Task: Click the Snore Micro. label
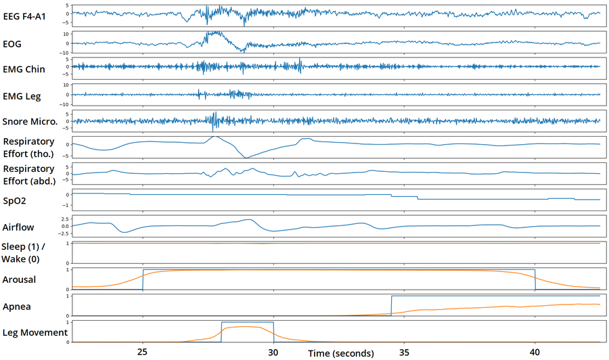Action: pyautogui.click(x=32, y=122)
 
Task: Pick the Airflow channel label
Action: pyautogui.click(x=19, y=228)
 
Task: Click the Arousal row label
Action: pyautogui.click(x=20, y=279)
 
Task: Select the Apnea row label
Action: pyautogui.click(x=17, y=307)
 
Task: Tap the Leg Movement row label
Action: pyautogui.click(x=35, y=332)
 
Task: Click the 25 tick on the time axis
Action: pyautogui.click(x=143, y=352)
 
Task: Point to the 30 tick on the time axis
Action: pyautogui.click(x=273, y=352)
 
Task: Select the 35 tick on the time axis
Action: pyautogui.click(x=404, y=352)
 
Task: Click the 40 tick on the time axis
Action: pyautogui.click(x=535, y=352)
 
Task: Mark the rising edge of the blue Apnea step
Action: pyautogui.click(x=391, y=305)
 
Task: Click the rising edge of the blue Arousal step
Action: pyautogui.click(x=143, y=279)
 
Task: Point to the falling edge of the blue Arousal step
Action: pyautogui.click(x=535, y=279)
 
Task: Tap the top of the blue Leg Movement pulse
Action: pyautogui.click(x=247, y=322)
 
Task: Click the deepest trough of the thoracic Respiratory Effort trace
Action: pyautogui.click(x=246, y=157)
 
